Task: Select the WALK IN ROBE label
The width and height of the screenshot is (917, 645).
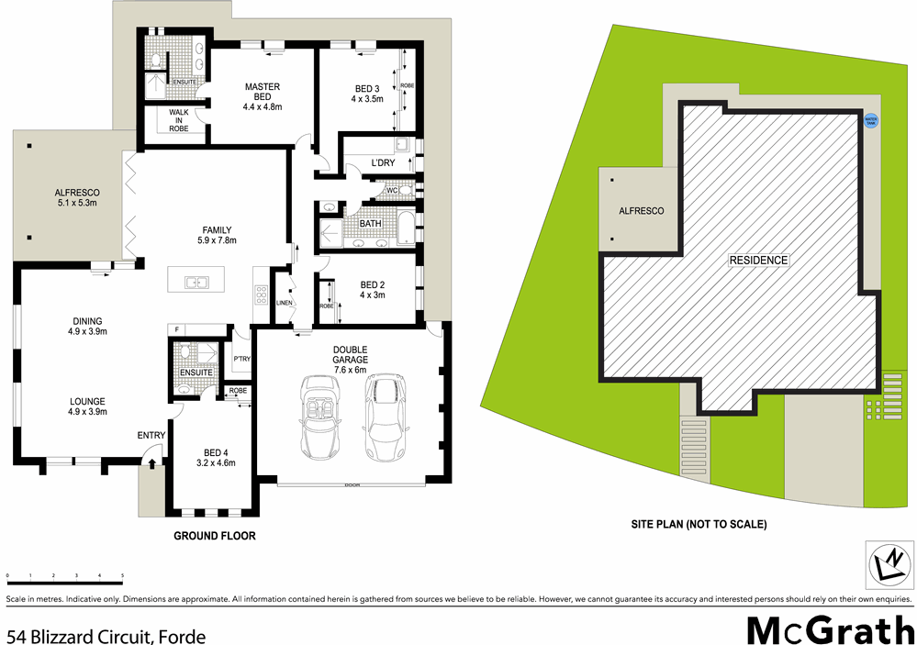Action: tap(178, 120)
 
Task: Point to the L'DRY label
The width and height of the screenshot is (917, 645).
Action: tap(382, 163)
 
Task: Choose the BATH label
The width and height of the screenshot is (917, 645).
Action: tap(371, 223)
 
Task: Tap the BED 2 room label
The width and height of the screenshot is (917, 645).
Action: tap(372, 290)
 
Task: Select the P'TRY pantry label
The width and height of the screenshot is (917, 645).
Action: tap(242, 358)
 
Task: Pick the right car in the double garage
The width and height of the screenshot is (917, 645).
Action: tap(383, 418)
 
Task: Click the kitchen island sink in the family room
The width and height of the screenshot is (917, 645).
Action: tap(195, 282)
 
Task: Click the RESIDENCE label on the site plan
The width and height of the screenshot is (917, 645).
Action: tap(758, 260)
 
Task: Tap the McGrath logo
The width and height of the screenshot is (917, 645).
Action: tap(828, 632)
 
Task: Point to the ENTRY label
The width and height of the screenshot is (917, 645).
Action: tap(151, 435)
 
